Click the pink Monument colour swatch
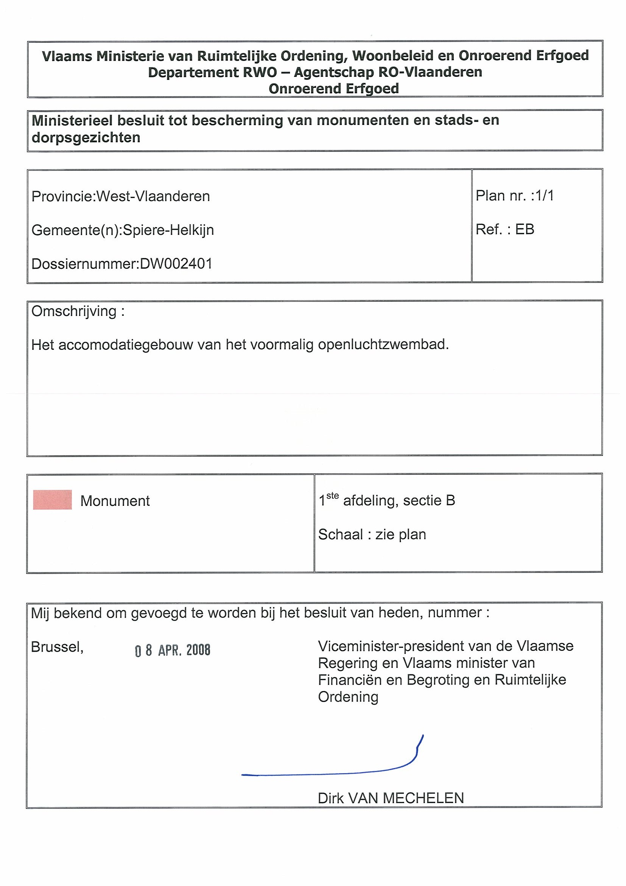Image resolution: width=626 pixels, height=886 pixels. coord(53,500)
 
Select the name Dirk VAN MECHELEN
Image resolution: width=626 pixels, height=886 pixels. coord(391,798)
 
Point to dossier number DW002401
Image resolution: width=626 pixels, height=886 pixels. coord(176,264)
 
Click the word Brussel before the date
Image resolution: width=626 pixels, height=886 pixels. coord(57,647)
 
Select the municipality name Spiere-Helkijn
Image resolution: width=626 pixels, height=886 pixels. coord(168,230)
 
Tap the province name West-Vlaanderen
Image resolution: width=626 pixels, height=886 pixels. coord(153,197)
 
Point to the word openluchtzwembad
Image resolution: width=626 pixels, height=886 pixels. coord(383,344)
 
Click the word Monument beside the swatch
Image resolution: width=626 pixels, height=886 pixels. coord(115,501)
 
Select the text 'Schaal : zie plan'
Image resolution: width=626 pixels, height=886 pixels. coord(372,535)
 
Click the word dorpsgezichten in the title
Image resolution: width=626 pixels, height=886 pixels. coord(86,138)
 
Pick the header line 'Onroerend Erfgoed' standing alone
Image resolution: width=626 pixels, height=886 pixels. coord(334,89)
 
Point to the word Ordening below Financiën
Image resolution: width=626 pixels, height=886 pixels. coord(348,697)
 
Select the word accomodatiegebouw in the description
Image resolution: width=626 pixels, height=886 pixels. coord(126,344)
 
